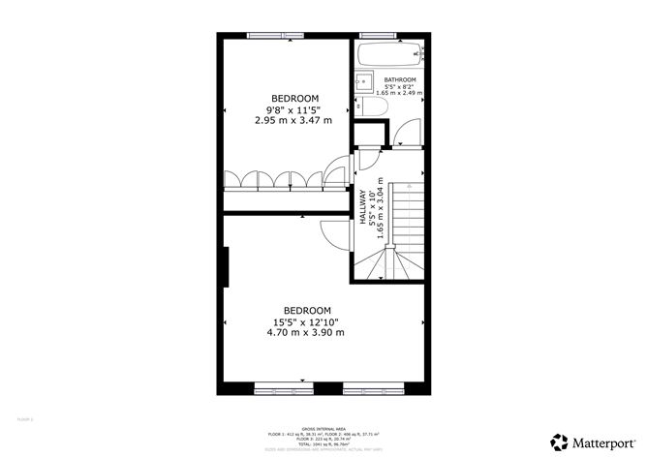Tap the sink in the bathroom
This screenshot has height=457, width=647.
[364, 81]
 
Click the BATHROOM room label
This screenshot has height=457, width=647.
[400, 79]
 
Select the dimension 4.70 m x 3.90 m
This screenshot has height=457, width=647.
[306, 332]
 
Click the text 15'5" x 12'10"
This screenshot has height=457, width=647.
[306, 321]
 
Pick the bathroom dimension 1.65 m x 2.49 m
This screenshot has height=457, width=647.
[400, 93]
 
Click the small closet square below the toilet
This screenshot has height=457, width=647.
[367, 135]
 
